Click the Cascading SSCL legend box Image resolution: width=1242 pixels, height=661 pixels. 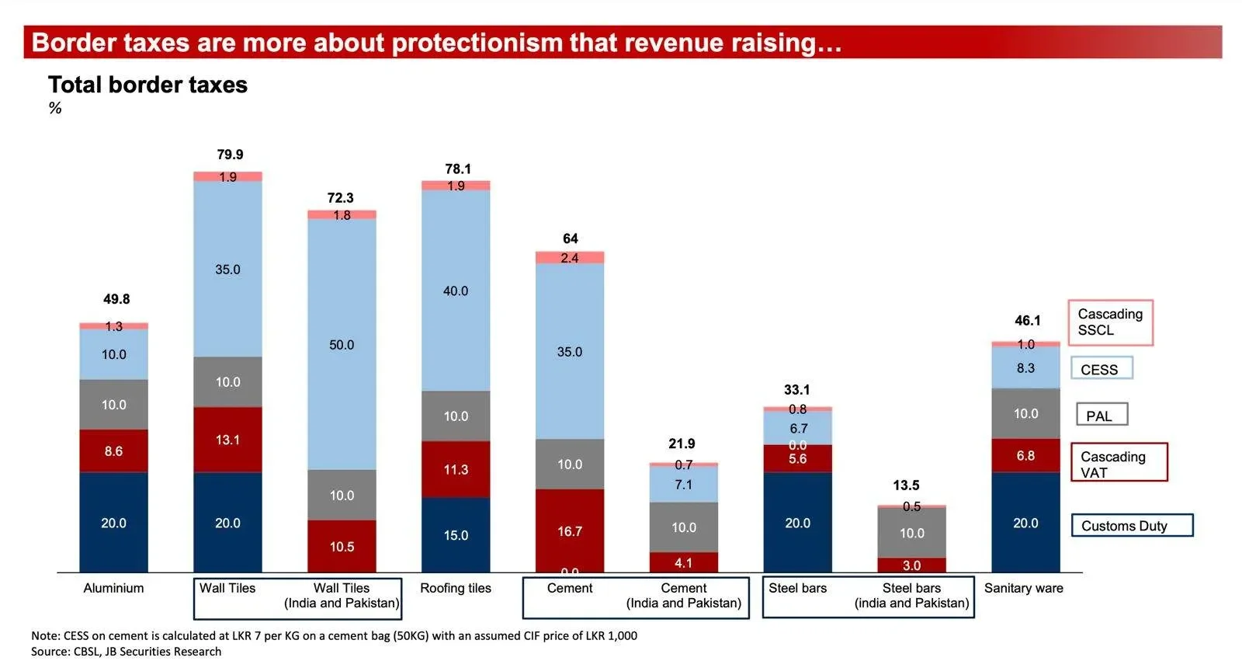pyautogui.click(x=1110, y=322)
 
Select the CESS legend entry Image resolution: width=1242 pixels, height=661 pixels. pyautogui.click(x=1101, y=369)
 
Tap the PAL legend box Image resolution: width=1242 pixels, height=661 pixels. pyautogui.click(x=1101, y=416)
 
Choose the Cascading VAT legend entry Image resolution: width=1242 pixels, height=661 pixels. pyautogui.click(x=1119, y=464)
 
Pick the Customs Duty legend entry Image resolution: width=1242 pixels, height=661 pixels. pyautogui.click(x=1131, y=526)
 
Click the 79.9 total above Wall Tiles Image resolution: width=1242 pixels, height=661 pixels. pyautogui.click(x=230, y=155)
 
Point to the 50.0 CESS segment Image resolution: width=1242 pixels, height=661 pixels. pyautogui.click(x=342, y=344)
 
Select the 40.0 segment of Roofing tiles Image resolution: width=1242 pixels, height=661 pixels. pyautogui.click(x=456, y=290)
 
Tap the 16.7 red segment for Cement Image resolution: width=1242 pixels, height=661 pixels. pyautogui.click(x=570, y=531)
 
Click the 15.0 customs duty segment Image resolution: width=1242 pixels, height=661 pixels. pyautogui.click(x=456, y=535)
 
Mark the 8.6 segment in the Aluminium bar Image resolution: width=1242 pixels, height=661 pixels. pyautogui.click(x=113, y=451)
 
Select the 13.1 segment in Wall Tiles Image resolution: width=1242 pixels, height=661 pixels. pyautogui.click(x=227, y=440)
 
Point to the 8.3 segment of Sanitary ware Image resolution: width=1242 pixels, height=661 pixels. pyautogui.click(x=1025, y=368)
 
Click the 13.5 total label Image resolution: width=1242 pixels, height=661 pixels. pyautogui.click(x=906, y=485)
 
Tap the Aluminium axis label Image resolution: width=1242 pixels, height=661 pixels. pyautogui.click(x=113, y=588)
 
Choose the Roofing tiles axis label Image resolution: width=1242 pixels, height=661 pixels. pyautogui.click(x=456, y=588)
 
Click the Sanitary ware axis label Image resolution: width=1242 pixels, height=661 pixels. pyautogui.click(x=1024, y=588)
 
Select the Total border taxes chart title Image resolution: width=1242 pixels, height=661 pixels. pyautogui.click(x=147, y=85)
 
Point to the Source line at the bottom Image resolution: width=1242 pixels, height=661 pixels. pyautogui.click(x=126, y=652)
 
